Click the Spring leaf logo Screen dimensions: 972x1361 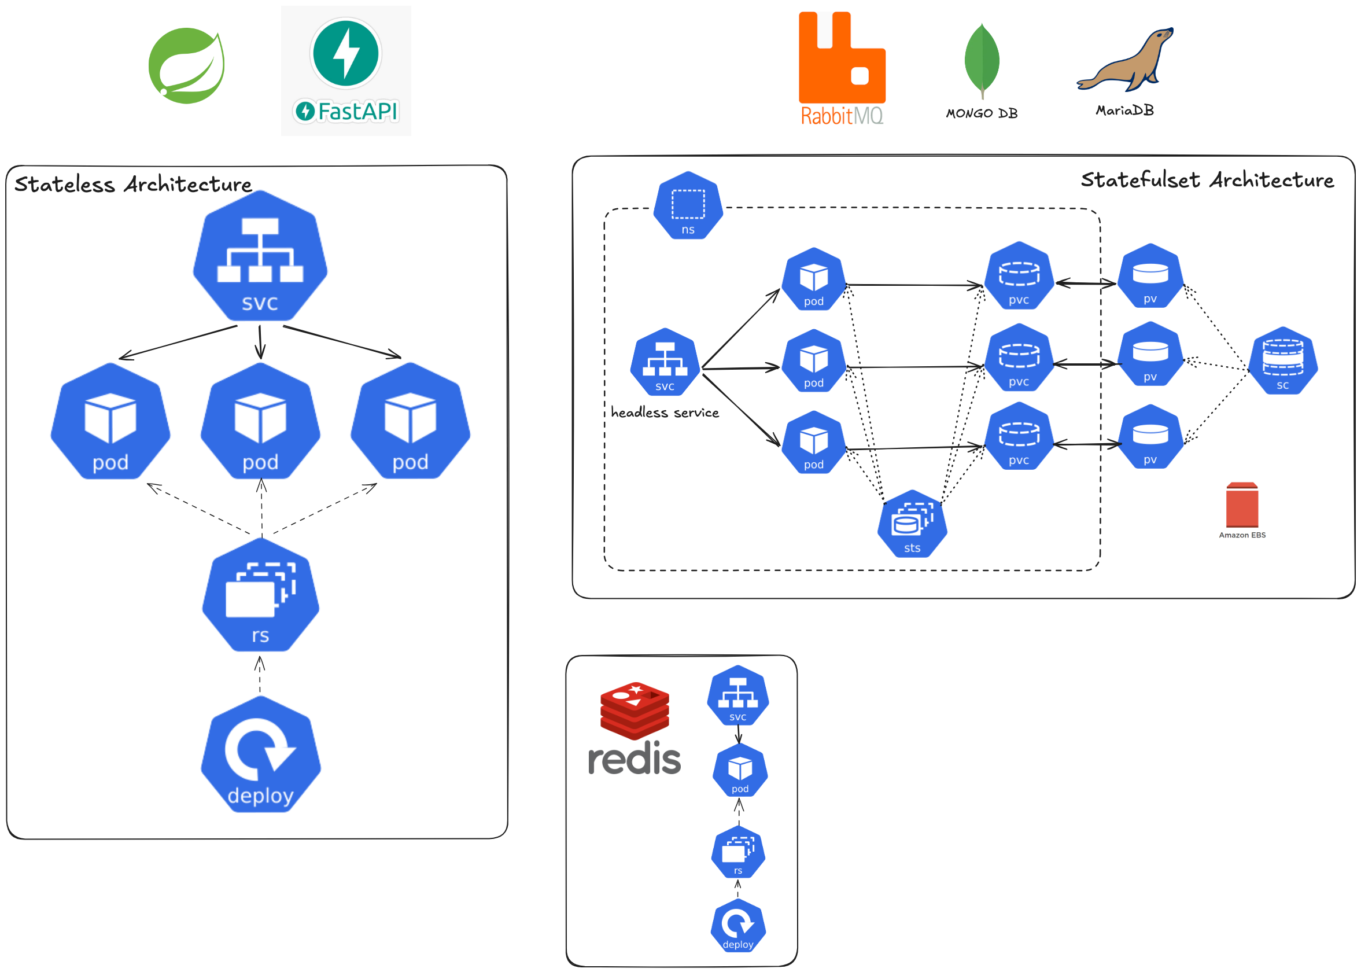[186, 66]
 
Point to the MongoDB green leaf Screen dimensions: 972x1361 [981, 60]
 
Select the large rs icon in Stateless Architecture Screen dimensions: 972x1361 [260, 595]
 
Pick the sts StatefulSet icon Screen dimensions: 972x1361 [911, 524]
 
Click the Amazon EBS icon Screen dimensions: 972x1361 [1241, 505]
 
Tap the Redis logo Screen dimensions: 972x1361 [634, 728]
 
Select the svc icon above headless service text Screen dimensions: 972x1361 [665, 362]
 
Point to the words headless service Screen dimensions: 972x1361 [665, 413]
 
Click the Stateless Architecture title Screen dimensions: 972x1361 [133, 185]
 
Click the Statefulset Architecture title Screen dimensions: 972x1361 [1207, 180]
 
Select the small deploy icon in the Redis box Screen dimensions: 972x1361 [737, 925]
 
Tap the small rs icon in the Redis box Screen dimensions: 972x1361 [737, 852]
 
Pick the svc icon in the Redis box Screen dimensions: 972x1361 [737, 696]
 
